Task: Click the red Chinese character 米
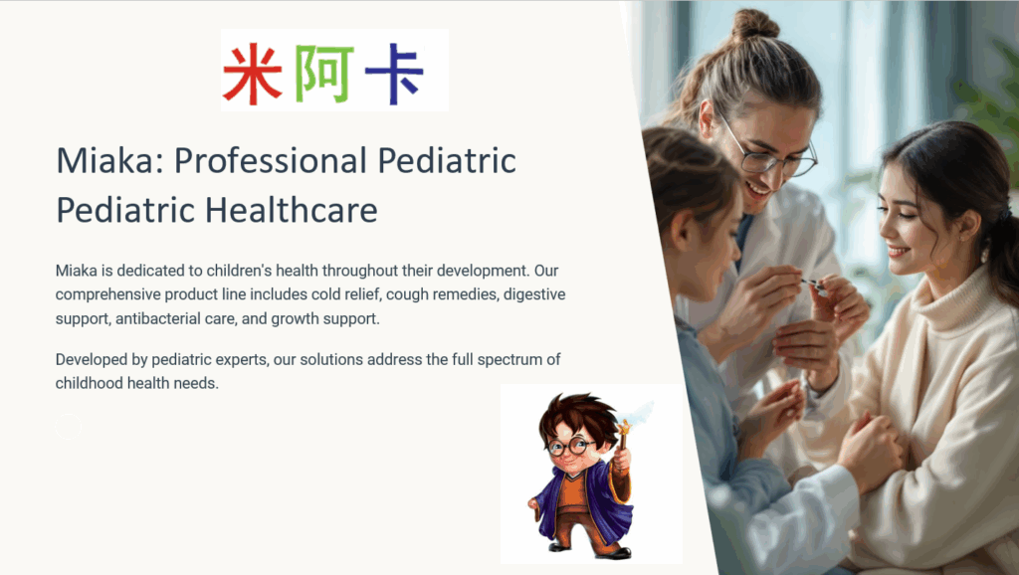[252, 74]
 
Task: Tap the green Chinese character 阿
[324, 74]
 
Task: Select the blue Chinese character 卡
[394, 74]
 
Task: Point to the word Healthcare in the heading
[292, 210]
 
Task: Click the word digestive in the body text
[534, 295]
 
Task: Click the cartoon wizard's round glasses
[570, 447]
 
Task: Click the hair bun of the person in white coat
[754, 24]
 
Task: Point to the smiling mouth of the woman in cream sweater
[898, 251]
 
